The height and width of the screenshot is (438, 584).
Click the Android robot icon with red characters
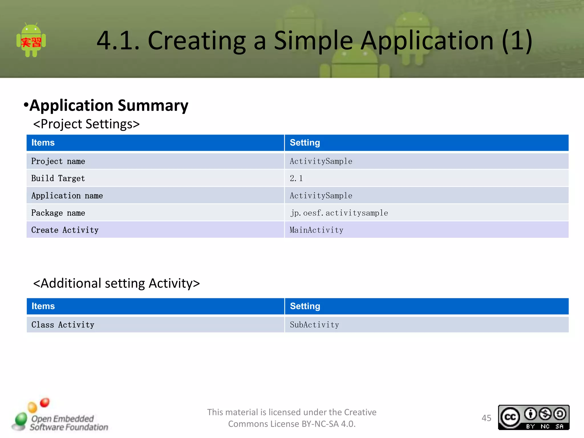[31, 40]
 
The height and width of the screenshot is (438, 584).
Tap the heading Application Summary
[109, 106]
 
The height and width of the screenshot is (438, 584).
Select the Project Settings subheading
[86, 124]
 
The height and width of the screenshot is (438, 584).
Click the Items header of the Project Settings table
[43, 143]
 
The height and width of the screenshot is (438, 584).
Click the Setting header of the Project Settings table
[305, 143]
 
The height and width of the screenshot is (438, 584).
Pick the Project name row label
[58, 161]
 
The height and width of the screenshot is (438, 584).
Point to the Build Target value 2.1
[296, 179]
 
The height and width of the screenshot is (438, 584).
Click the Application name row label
[67, 196]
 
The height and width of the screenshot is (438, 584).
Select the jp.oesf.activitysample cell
[339, 213]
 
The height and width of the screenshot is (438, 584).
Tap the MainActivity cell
[317, 230]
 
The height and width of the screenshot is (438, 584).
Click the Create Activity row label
[65, 230]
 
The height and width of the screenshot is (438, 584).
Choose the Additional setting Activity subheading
[116, 283]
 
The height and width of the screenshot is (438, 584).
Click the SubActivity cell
[314, 325]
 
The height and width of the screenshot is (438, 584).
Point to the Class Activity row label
[63, 325]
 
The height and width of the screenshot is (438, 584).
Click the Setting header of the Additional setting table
[305, 306]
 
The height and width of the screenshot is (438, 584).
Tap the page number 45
[486, 418]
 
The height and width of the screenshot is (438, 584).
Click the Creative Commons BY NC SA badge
[534, 417]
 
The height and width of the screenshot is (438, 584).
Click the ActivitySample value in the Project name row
[321, 161]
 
